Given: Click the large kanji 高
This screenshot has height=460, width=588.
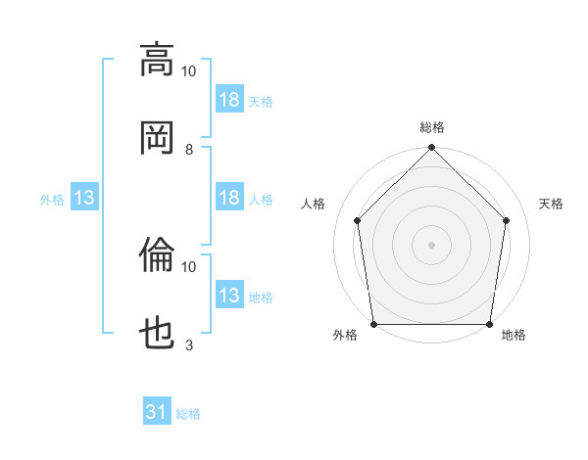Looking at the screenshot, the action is click(x=157, y=61).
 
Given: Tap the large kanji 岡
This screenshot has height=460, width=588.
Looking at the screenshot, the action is click(x=157, y=138).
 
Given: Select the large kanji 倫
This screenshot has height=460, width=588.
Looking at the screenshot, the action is click(x=157, y=254).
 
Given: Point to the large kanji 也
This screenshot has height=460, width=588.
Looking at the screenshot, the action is click(x=157, y=333).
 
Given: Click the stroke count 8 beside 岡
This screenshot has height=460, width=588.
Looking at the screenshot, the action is click(x=189, y=150).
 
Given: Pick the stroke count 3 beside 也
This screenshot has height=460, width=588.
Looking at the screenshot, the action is click(x=189, y=345).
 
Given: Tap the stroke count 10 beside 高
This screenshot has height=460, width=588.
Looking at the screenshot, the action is click(x=188, y=71).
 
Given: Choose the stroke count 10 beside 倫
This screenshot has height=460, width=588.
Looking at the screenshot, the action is click(x=188, y=267).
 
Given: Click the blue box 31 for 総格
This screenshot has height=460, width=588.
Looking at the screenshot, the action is click(x=157, y=410).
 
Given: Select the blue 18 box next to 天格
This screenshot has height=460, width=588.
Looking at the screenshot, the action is click(x=229, y=99).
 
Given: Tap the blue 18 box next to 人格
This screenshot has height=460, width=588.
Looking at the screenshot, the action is click(x=229, y=197).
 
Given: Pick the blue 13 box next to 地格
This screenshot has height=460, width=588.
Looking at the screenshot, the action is click(x=229, y=294).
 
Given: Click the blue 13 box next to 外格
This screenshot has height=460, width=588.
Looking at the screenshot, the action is click(x=84, y=197).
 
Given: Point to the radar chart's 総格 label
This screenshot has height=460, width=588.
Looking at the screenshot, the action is click(x=432, y=128).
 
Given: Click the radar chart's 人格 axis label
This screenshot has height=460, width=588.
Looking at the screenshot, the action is click(x=313, y=204).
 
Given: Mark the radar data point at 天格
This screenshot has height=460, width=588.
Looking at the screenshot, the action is click(x=506, y=220).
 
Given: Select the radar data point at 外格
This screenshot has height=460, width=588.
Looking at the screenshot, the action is click(x=374, y=324).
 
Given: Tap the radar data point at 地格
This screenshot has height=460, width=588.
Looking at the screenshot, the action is click(x=489, y=324).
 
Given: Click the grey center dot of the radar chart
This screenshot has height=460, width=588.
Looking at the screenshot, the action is click(x=431, y=245).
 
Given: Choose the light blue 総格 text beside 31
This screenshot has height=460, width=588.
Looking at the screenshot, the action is click(x=188, y=414).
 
